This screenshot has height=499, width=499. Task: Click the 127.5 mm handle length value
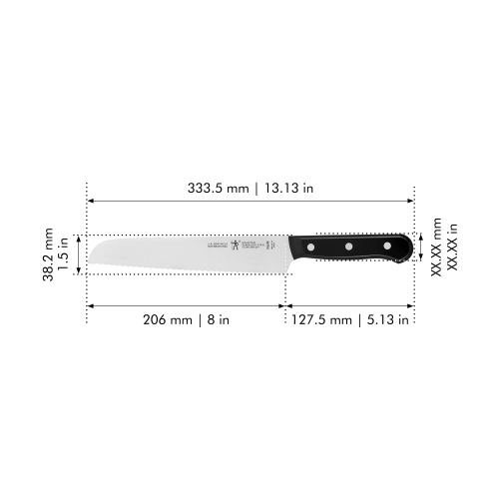pyautogui.click(x=322, y=320)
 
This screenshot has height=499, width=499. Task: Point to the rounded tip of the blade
pyautogui.click(x=91, y=242)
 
